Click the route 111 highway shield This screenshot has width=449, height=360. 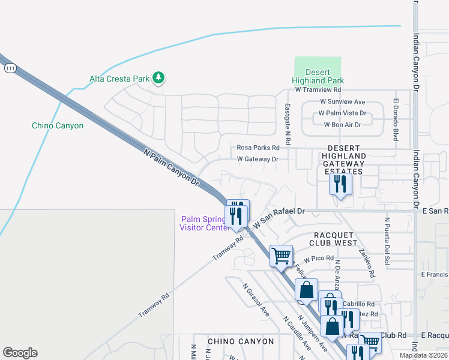coord(8,69)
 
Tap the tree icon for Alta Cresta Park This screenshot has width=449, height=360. coord(158,78)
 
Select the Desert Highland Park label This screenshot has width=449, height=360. coord(318,76)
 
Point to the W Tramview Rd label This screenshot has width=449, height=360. coord(318,89)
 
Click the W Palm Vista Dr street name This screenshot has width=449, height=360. coord(342,113)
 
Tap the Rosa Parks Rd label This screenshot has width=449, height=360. coord(258,147)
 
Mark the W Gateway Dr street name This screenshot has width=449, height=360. coord(258,159)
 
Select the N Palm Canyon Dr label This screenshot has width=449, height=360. coord(171,167)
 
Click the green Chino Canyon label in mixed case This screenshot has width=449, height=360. coord(58,126)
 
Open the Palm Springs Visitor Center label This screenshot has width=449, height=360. coord(204,223)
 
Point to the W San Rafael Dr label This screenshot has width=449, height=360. coord(279,218)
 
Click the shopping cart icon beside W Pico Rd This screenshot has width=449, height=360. coord(281,256)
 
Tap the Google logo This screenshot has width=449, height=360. coord(20,352)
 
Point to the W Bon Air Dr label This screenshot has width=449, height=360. coord(342,125)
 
